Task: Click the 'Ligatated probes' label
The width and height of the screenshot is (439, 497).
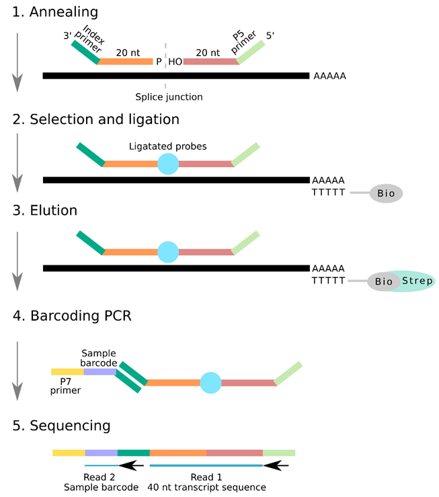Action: click(167, 146)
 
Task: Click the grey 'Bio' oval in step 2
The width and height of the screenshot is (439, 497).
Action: click(385, 194)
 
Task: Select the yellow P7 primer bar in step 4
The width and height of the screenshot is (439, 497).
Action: click(67, 371)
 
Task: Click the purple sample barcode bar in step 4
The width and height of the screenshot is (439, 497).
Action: click(99, 371)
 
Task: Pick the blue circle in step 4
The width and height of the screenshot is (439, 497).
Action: click(211, 382)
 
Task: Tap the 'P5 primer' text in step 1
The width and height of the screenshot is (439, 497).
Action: click(246, 43)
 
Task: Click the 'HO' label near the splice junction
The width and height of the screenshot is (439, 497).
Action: click(175, 61)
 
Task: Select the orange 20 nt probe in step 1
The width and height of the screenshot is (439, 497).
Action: click(126, 61)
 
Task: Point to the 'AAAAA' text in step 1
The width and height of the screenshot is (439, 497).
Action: click(329, 76)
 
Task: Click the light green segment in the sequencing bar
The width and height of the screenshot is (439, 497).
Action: click(278, 453)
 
